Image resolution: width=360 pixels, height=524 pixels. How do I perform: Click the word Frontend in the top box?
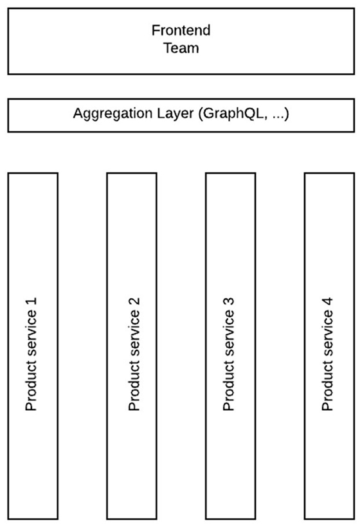click(181, 30)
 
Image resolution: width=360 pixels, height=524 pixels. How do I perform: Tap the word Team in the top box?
click(181, 48)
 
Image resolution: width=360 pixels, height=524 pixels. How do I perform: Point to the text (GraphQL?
click(233, 114)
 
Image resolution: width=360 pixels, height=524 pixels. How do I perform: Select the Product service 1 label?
click(31, 354)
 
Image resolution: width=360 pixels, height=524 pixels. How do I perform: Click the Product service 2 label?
click(134, 354)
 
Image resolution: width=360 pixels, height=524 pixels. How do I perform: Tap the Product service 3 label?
click(229, 354)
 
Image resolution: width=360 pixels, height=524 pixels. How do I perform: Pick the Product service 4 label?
click(328, 354)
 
